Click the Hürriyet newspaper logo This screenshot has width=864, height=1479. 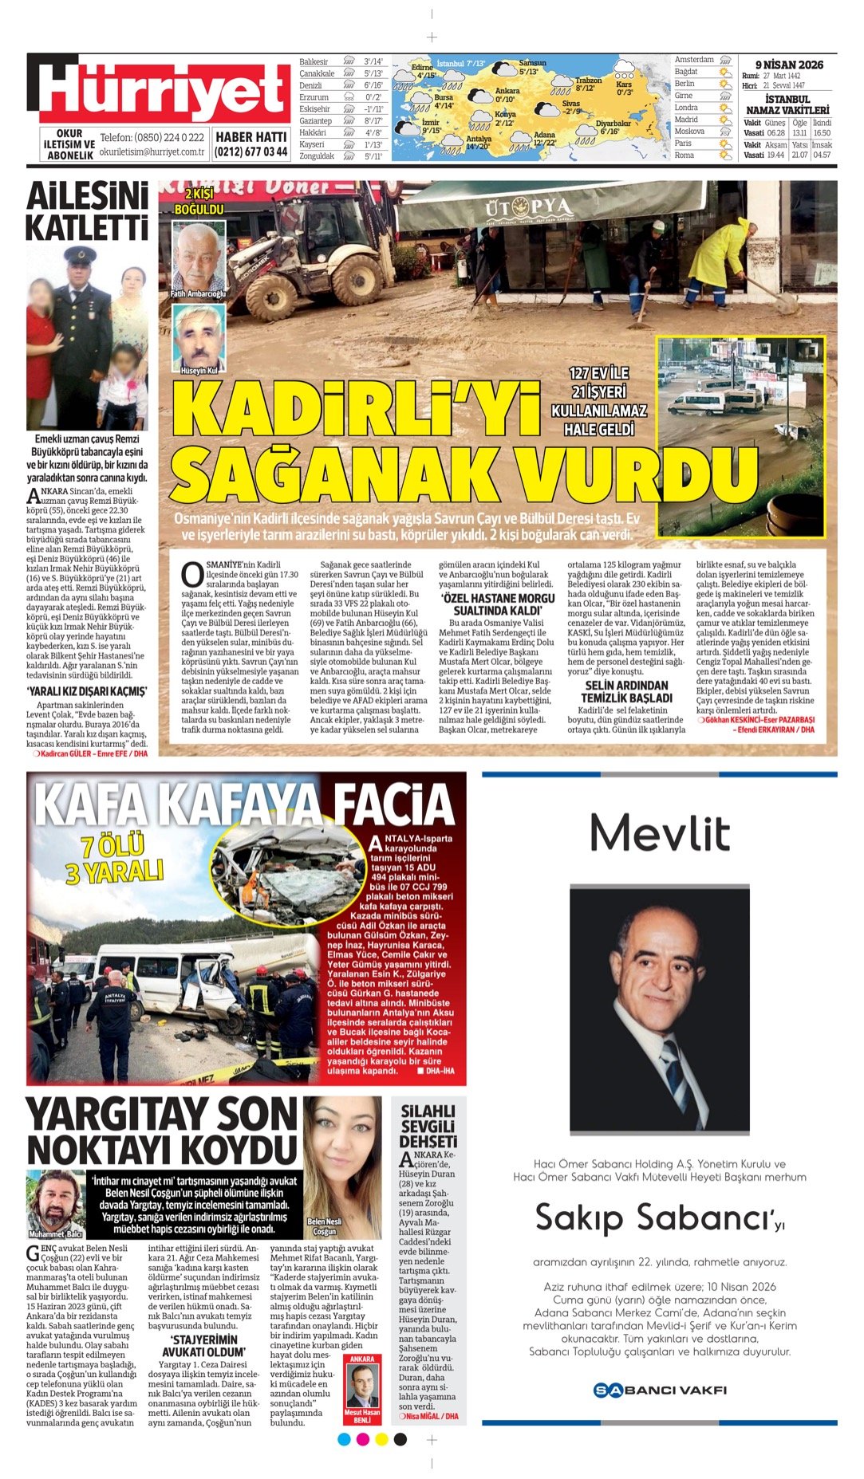160,90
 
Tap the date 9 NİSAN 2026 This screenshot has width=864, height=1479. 788,65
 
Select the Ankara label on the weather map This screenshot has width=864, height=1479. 507,91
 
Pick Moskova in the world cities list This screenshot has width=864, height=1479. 689,132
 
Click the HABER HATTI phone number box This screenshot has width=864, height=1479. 251,144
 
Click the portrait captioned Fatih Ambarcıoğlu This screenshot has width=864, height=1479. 198,257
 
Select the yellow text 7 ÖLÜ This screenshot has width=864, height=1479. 112,846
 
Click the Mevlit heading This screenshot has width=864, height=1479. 659,832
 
